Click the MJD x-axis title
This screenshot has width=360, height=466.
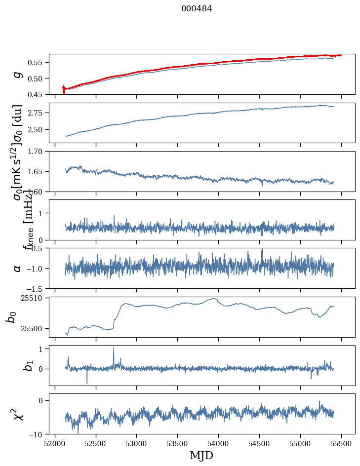point(201,455)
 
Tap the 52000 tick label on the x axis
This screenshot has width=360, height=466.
point(55,444)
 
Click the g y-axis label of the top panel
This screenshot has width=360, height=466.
point(18,74)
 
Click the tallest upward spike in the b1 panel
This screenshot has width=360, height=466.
point(114,348)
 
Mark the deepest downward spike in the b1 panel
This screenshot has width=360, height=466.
point(87,383)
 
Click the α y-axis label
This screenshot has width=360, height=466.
point(18,268)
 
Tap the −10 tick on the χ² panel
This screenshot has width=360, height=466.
point(38,434)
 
